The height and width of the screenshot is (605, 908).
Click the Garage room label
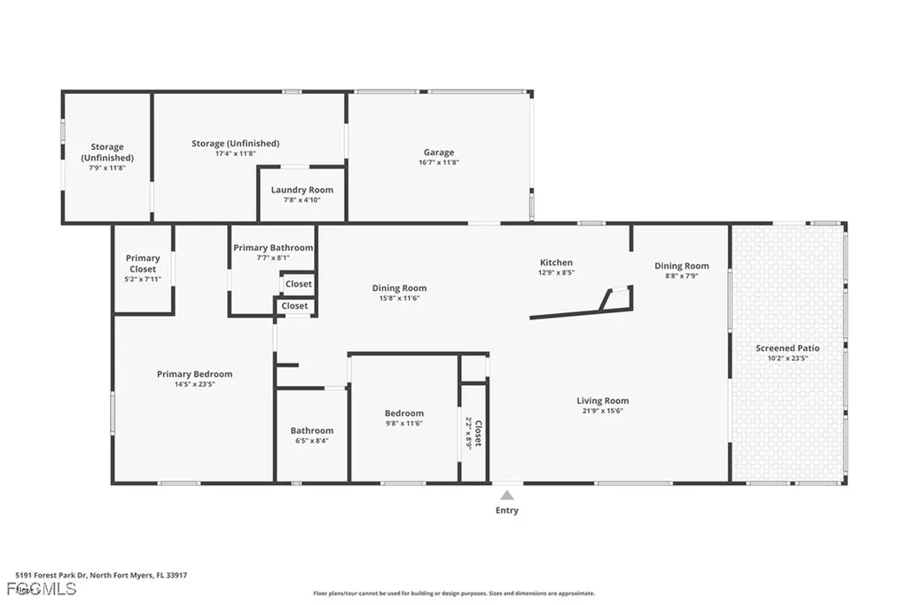[438, 153]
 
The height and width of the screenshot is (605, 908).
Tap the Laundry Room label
[301, 190]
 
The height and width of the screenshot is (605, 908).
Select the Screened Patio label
[787, 349]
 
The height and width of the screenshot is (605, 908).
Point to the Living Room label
[602, 401]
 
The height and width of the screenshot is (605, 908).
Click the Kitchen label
[556, 263]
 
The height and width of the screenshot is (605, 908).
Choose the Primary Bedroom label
[194, 374]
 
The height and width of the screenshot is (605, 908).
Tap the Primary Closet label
[143, 263]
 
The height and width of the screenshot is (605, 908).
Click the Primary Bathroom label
[273, 248]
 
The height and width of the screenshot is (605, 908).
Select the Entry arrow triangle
[506, 496]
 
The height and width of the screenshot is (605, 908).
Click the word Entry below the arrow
[506, 511]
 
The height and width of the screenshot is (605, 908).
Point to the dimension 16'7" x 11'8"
[438, 163]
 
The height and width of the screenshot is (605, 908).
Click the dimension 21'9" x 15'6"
[602, 412]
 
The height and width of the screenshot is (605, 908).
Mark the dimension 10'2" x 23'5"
[787, 359]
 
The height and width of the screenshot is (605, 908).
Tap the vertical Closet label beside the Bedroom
[479, 433]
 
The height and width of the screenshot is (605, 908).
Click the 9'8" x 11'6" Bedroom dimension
[403, 424]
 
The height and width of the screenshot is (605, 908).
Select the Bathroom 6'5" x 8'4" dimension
[311, 441]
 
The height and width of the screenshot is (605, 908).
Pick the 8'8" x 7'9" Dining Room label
[682, 266]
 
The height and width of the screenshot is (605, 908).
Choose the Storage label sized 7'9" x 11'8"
[106, 153]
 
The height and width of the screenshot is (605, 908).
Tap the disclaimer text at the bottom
[453, 593]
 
